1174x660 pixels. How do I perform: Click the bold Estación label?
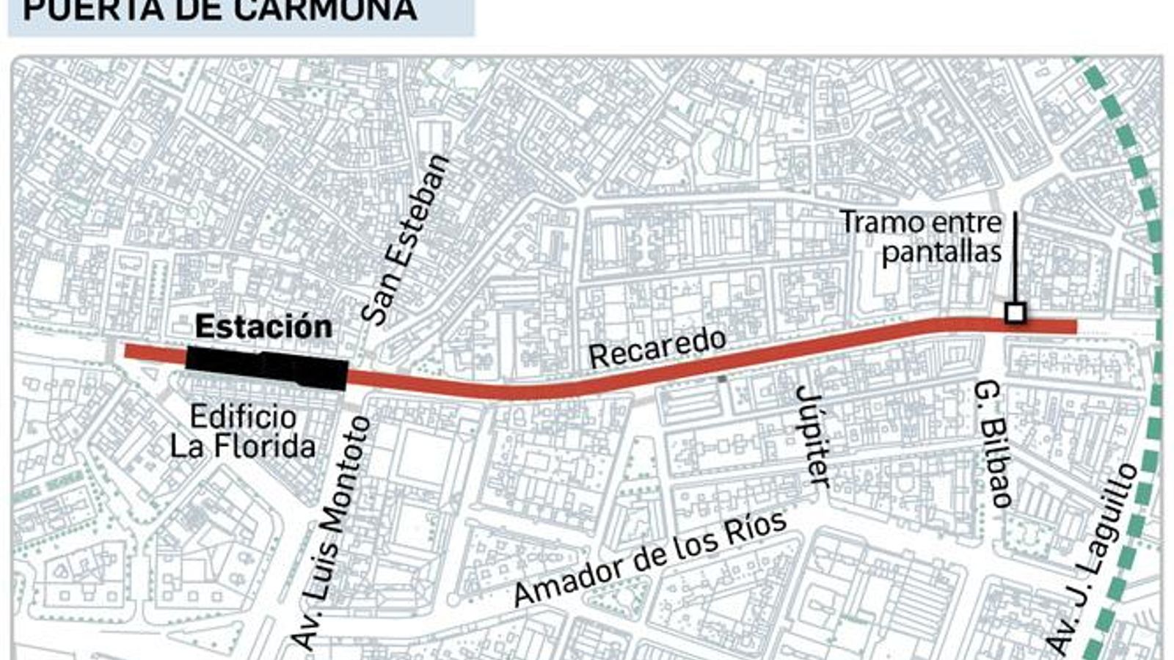pos(263,327)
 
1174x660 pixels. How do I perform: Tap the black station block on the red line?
pos(266,368)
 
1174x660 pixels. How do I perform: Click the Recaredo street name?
pos(657,348)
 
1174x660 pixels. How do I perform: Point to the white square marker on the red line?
pos(1015,314)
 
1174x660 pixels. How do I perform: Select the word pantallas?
pos(941,252)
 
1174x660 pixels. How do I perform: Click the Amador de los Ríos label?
pos(650,558)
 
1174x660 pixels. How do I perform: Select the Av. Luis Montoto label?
pos(332,532)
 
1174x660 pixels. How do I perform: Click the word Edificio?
pos(244,417)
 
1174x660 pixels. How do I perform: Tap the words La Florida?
pos(243,446)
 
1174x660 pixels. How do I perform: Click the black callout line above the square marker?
pos(1016,257)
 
